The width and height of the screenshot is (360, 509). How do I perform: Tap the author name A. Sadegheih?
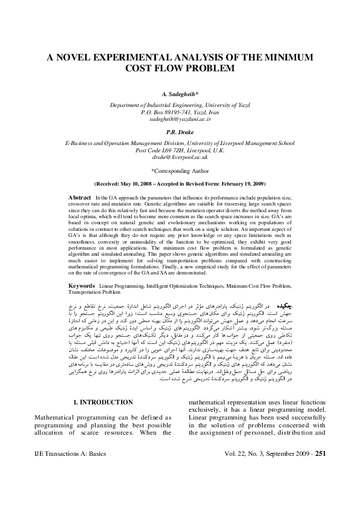pyautogui.click(x=180, y=96)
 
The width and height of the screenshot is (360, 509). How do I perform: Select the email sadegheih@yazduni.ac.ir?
pyautogui.click(x=180, y=120)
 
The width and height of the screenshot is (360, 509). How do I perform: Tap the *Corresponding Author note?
pyautogui.click(x=180, y=171)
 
